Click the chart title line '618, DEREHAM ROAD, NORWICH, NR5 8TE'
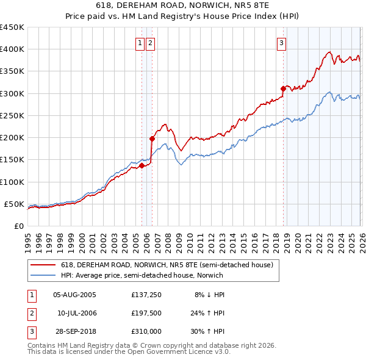[182, 5]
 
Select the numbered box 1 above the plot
[141, 43]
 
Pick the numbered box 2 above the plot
[150, 43]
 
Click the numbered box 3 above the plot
[282, 43]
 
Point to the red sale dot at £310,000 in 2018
[283, 88]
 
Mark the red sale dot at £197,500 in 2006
[152, 139]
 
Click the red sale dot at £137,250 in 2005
[142, 165]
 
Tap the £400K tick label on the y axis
[12, 49]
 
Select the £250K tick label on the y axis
[12, 115]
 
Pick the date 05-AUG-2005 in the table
[74, 294]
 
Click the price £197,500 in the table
[146, 313]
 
